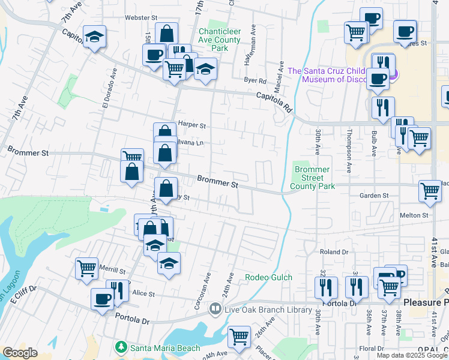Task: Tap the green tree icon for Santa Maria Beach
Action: click(121, 347)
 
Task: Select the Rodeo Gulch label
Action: click(268, 277)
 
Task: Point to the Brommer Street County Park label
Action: click(312, 178)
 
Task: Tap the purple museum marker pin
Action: click(393, 75)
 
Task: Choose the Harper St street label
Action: click(191, 126)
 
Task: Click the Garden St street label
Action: click(374, 196)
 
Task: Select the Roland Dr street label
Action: click(334, 253)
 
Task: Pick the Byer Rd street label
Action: click(255, 80)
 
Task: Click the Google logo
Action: click(20, 353)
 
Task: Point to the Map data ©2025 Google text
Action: click(411, 355)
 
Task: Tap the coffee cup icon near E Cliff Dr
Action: click(102, 298)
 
